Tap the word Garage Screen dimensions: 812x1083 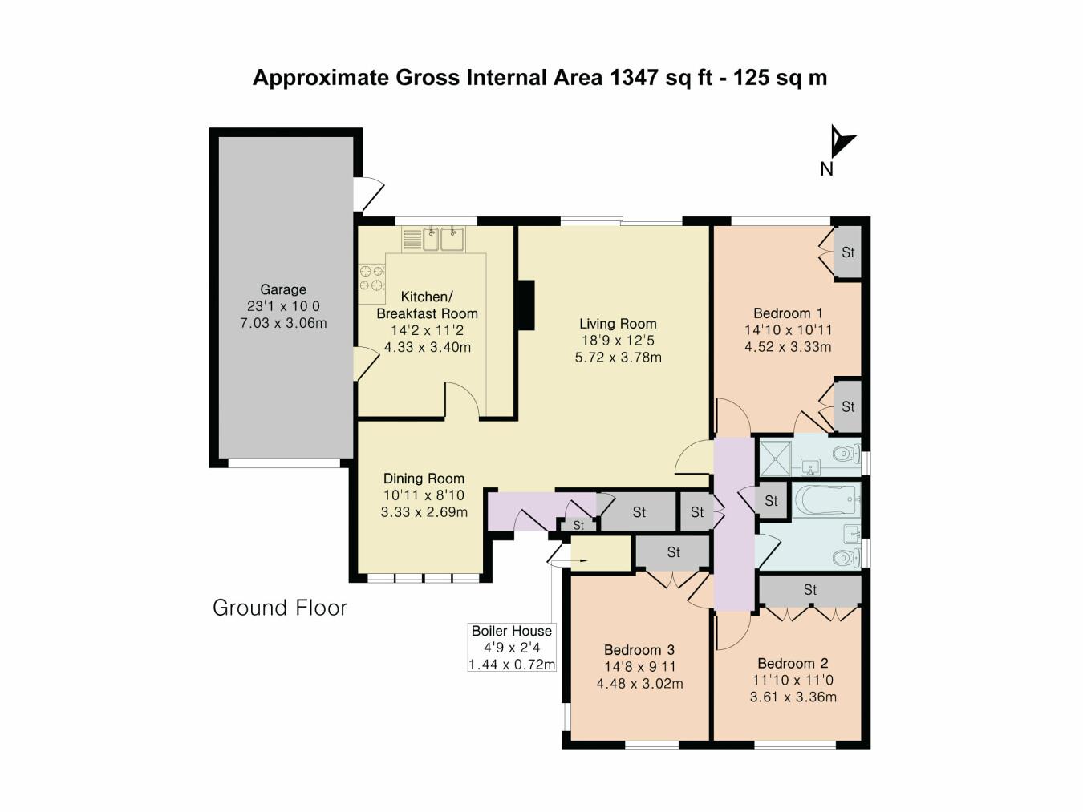pos(282,289)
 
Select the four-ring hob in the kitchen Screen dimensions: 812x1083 pos(371,278)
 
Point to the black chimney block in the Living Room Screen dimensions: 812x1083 pos(525,305)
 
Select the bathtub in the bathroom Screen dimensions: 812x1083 pos(826,500)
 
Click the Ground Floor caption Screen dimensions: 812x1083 pos(279,608)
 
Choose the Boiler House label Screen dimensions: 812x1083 pos(511,631)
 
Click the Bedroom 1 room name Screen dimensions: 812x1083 pos(788,313)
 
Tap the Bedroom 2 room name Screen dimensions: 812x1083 pos(793,663)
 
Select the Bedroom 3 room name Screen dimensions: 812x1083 pos(639,650)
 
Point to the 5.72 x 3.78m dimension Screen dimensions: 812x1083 pos(618,358)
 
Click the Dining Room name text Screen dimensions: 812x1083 pos(424,479)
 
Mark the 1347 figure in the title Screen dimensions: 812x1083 pos(635,78)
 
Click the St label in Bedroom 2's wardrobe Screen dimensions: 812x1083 pos(810,590)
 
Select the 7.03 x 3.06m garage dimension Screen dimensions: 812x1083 pos(283,323)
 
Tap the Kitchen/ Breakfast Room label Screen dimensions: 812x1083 pos(427,305)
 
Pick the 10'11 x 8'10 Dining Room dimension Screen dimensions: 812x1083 pos(424,495)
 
